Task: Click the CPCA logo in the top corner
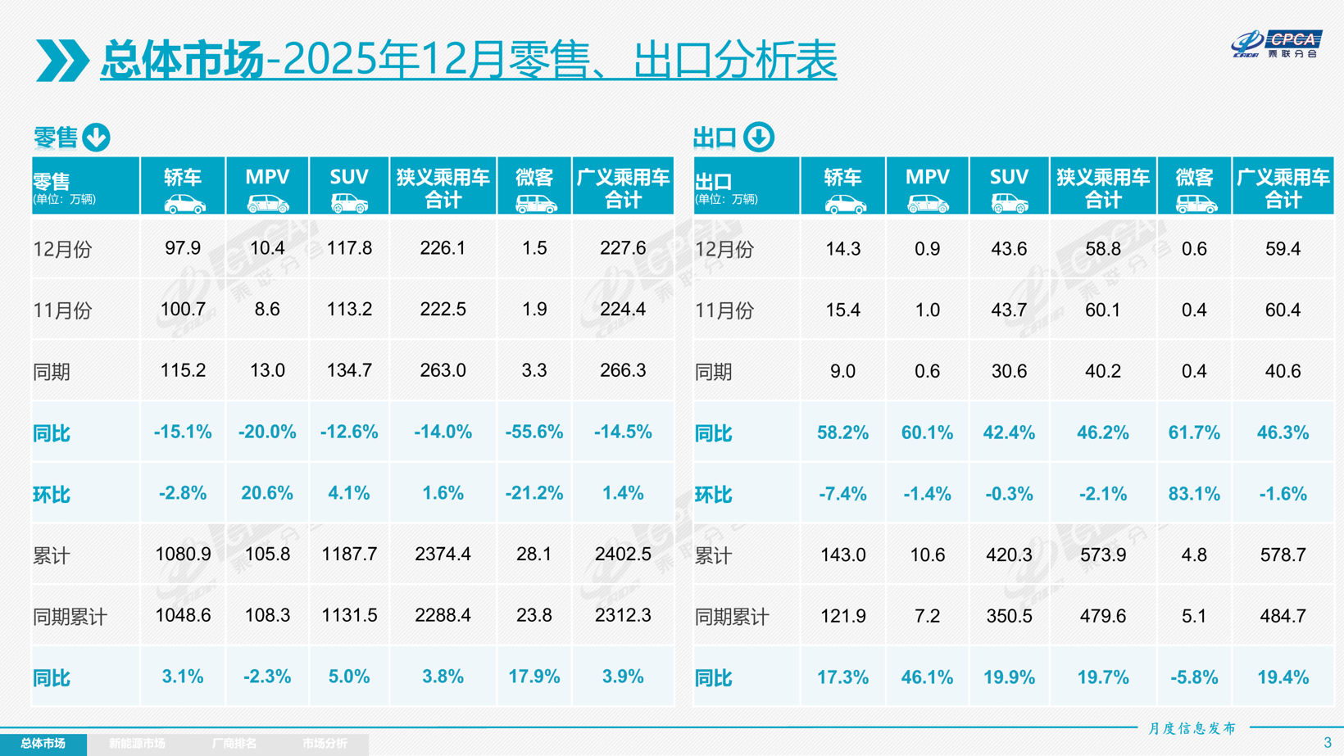[x=1278, y=44]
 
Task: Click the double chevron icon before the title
[x=61, y=61]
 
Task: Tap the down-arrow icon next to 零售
[x=97, y=138]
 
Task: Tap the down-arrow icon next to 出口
[x=759, y=138]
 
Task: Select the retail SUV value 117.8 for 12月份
[x=349, y=248]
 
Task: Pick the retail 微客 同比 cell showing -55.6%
[x=534, y=432]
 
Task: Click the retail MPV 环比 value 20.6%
[x=267, y=493]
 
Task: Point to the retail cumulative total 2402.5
[x=623, y=555]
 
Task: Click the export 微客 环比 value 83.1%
[x=1194, y=494]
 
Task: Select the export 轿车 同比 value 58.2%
[x=842, y=432]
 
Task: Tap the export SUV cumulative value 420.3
[x=1009, y=555]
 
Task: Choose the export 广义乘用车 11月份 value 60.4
[x=1283, y=310]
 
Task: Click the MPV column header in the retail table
[x=267, y=187]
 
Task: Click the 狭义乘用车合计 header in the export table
[x=1103, y=188]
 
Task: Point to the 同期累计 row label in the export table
[x=732, y=617]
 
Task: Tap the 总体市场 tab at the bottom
[x=43, y=744]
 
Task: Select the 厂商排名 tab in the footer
[x=234, y=744]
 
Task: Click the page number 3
[x=1327, y=743]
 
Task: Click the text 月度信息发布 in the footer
[x=1192, y=728]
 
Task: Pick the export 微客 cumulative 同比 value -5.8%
[x=1194, y=677]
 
